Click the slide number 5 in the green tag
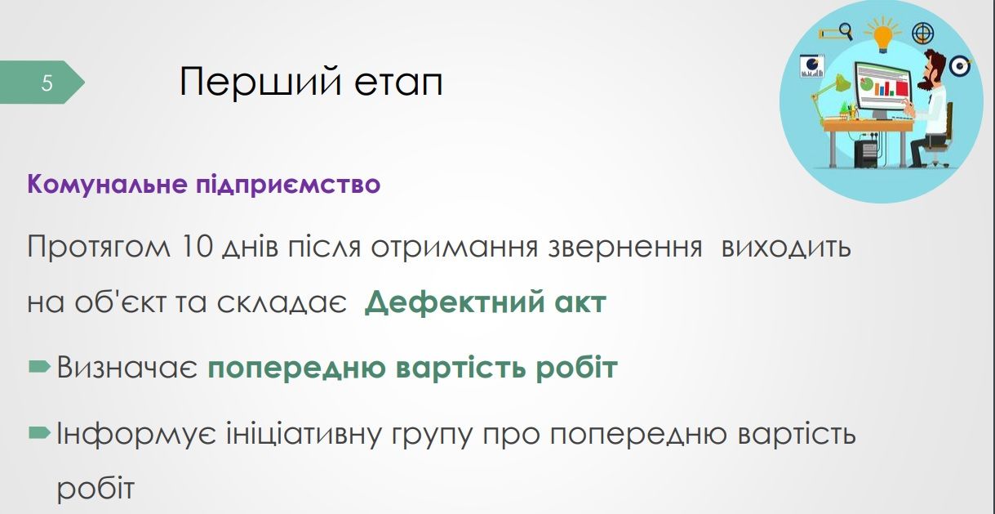[47, 83]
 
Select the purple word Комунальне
[104, 184]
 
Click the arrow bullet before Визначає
[39, 368]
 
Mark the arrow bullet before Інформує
[39, 433]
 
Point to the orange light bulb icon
[882, 36]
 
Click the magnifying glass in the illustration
[845, 31]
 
